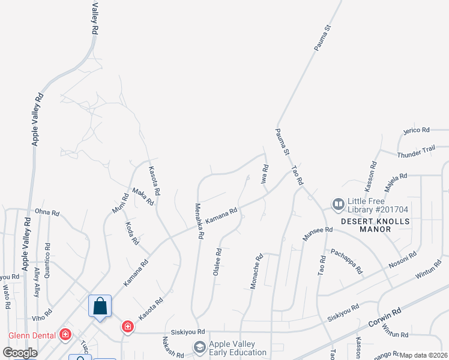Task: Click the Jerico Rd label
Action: coord(417,130)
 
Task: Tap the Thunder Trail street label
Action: coord(416,154)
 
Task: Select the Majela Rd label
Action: coord(396,181)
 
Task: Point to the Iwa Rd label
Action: coord(264,174)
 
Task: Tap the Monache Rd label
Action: coord(256,272)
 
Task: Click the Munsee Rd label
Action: coord(317,233)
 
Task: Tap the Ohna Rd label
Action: coord(47,212)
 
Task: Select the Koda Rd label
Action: coord(133,233)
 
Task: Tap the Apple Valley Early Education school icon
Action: coord(199,347)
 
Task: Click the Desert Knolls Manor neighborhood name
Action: coord(375,225)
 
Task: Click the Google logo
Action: coord(20,353)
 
